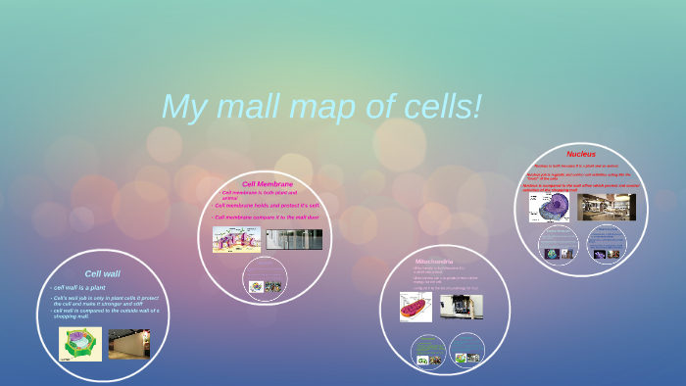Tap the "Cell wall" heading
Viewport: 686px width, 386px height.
(x=102, y=273)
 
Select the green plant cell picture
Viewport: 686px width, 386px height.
(x=79, y=344)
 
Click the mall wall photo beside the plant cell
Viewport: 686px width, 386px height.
(x=128, y=344)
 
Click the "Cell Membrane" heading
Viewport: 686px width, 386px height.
(x=268, y=183)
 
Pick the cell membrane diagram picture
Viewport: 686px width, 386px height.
(x=236, y=239)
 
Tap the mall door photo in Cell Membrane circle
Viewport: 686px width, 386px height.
(x=294, y=239)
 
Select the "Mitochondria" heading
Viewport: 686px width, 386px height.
(x=434, y=262)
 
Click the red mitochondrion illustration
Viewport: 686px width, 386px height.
(x=416, y=307)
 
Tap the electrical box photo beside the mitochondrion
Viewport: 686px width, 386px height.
(x=461, y=306)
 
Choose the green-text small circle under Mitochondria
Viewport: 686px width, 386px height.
(x=428, y=350)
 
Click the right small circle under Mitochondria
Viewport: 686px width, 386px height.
(x=466, y=350)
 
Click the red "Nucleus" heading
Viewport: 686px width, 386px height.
(x=580, y=154)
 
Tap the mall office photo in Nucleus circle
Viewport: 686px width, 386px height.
(x=607, y=207)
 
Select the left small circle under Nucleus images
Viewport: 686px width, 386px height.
(x=559, y=244)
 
